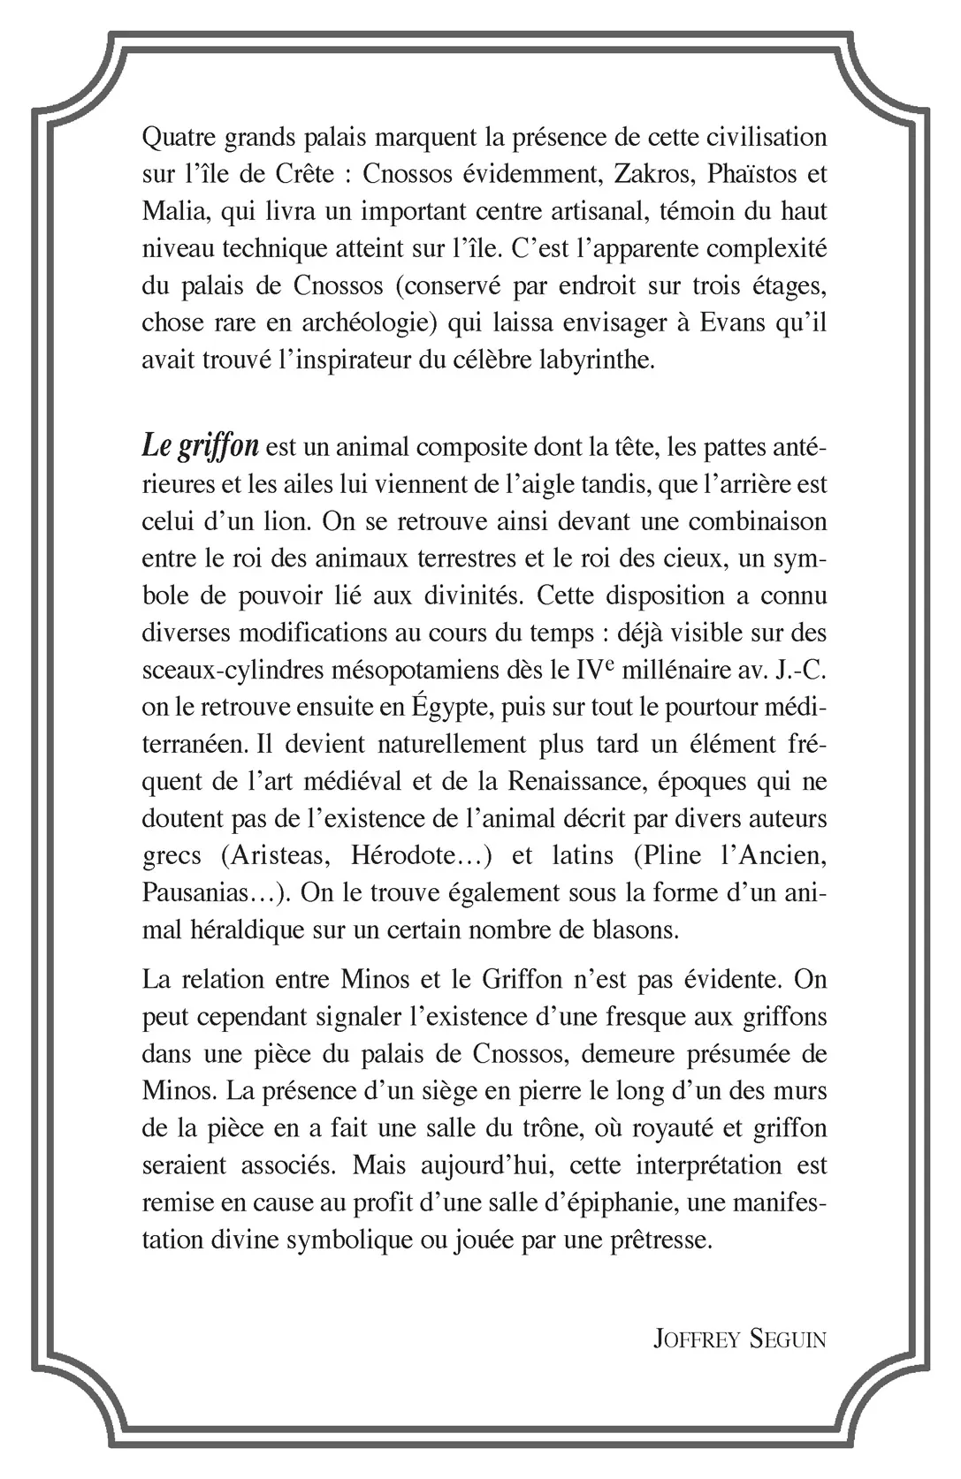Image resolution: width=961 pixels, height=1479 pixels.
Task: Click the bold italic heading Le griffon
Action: pos(200,446)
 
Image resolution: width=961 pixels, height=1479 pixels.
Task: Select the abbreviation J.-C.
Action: pos(795,669)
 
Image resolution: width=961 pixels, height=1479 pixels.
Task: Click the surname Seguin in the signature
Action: pos(787,1339)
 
